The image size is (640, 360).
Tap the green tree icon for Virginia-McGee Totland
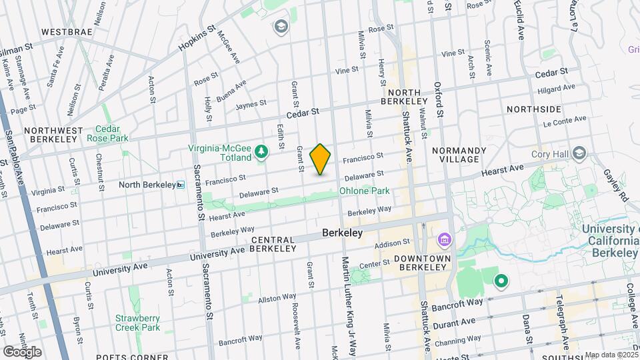[262, 153]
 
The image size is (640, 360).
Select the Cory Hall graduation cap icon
[579, 154]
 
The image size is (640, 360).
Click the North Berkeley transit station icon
[180, 185]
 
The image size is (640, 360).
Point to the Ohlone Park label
[364, 191]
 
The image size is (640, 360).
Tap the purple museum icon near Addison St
[444, 239]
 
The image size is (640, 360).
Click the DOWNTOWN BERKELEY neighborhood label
[419, 262]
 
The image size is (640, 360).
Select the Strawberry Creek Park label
[137, 323]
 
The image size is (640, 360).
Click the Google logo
[22, 351]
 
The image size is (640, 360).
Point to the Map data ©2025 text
[609, 355]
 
